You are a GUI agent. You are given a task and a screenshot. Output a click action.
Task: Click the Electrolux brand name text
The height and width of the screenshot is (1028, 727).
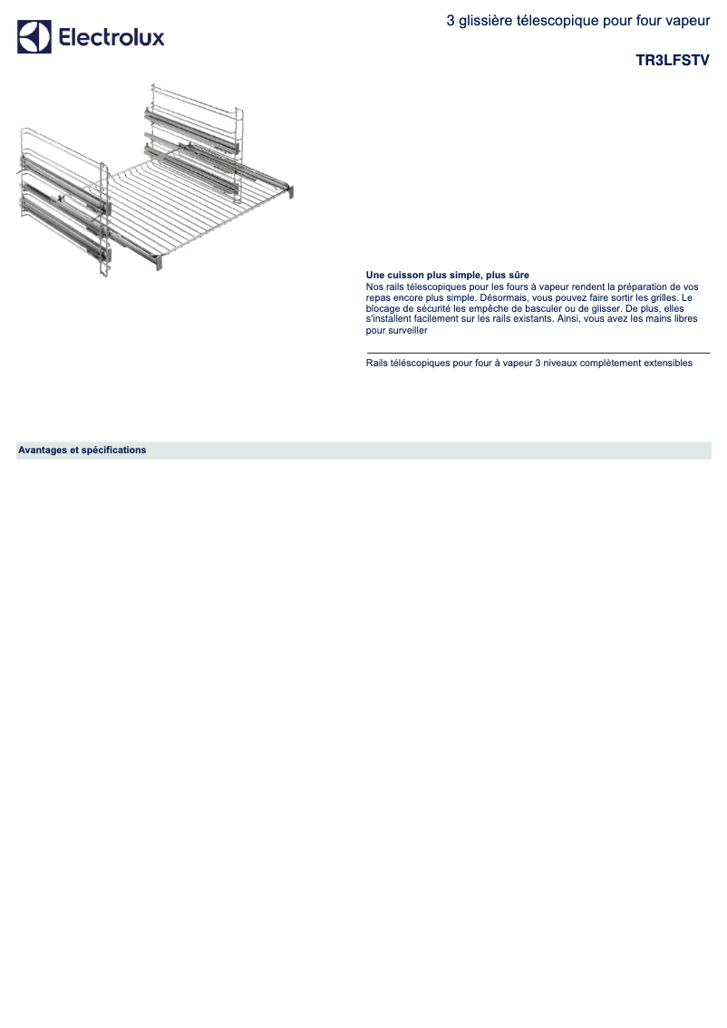coord(111,38)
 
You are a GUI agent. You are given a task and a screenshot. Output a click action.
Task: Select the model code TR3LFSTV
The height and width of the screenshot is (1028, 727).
coord(673,61)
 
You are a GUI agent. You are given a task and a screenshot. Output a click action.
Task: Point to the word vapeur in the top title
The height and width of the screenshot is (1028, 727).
coord(688,19)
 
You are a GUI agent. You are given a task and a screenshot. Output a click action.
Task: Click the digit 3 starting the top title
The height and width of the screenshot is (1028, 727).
coord(451,19)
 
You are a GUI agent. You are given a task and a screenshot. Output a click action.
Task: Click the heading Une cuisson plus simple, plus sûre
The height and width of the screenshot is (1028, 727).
coord(447,275)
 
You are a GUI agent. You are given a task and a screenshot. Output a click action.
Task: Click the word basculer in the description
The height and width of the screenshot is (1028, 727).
coord(563,308)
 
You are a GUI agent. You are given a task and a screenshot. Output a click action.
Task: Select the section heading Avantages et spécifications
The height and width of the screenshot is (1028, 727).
coord(82,450)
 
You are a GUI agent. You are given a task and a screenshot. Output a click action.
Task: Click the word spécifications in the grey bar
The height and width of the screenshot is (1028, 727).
coord(113,450)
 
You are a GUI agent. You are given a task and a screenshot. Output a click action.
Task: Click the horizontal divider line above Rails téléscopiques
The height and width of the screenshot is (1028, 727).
coord(538,353)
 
